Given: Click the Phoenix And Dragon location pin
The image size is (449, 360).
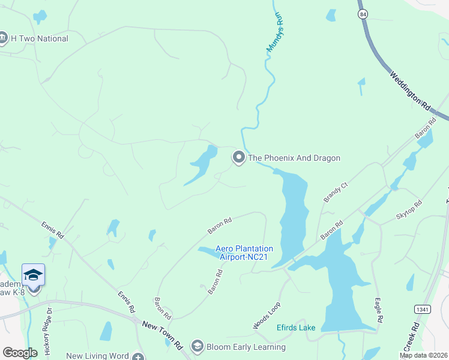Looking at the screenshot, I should click(x=238, y=158).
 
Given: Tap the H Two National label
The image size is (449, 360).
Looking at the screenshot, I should click(x=40, y=38).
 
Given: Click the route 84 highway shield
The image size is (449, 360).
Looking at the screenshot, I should click(x=362, y=13).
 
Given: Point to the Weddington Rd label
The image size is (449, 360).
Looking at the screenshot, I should click(x=411, y=90).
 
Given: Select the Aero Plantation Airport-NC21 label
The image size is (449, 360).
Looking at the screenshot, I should click(x=244, y=253).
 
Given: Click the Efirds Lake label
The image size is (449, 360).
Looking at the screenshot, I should click(x=295, y=328).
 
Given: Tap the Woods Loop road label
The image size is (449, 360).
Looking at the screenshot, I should click(x=267, y=315).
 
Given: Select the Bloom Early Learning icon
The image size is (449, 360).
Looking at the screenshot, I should click(x=197, y=346).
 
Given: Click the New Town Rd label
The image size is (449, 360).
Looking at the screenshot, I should click(x=162, y=335).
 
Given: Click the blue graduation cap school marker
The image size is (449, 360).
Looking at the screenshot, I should click(x=33, y=275).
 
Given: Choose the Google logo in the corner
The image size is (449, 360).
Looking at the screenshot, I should click(x=20, y=352).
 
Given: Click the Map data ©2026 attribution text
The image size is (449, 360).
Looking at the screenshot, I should click(x=423, y=355).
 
